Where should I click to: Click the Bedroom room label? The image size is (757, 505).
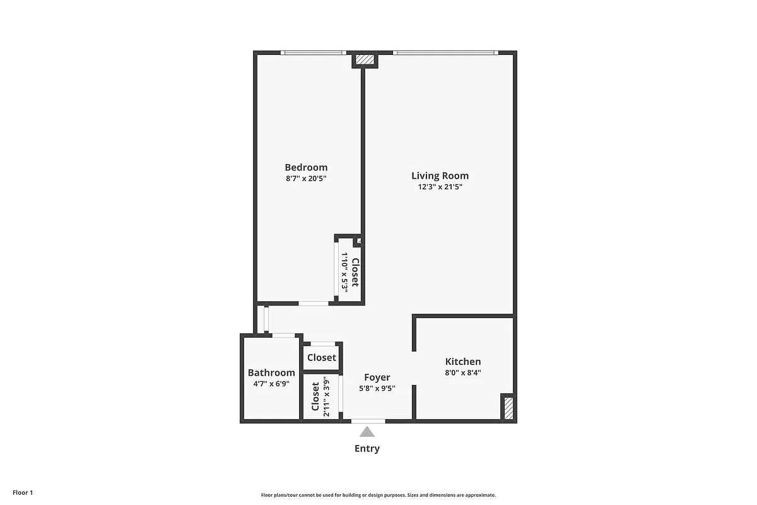[306, 167]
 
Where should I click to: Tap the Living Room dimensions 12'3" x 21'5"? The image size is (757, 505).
[440, 187]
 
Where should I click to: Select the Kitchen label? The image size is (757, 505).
[463, 362]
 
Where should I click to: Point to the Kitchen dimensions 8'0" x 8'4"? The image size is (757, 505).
[463, 372]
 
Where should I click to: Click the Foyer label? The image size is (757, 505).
[377, 377]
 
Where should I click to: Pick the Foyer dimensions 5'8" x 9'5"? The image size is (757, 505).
[377, 388]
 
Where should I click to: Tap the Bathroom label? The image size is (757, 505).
[271, 372]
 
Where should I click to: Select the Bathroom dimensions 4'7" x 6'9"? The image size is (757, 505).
[271, 383]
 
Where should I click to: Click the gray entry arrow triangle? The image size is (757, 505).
[367, 432]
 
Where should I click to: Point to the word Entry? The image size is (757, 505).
[367, 449]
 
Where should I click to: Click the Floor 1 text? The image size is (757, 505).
[22, 492]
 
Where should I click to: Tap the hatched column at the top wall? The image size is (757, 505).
[365, 60]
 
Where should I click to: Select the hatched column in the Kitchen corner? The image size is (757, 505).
[507, 407]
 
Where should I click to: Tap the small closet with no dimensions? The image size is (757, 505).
[322, 357]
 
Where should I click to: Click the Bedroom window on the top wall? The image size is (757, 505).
[313, 52]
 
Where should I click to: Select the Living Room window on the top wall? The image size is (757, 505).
[445, 52]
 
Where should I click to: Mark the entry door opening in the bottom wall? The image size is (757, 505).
[368, 421]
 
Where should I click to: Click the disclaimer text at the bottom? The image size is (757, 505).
[378, 496]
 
